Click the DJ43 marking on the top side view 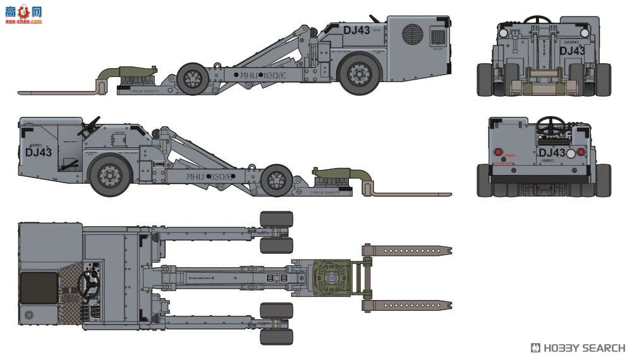[x=356, y=30]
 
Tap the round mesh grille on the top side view [x=413, y=33]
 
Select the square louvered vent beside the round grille [x=438, y=36]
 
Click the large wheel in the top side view [x=359, y=74]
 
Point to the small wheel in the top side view [x=193, y=78]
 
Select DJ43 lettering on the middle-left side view [x=39, y=152]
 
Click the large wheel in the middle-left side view [x=110, y=175]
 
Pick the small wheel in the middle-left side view [x=277, y=179]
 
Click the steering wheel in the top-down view [x=88, y=285]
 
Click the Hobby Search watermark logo [x=578, y=348]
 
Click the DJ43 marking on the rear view [x=552, y=153]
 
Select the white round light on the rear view [x=571, y=153]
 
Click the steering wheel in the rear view [x=551, y=124]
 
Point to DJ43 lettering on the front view [x=572, y=51]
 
